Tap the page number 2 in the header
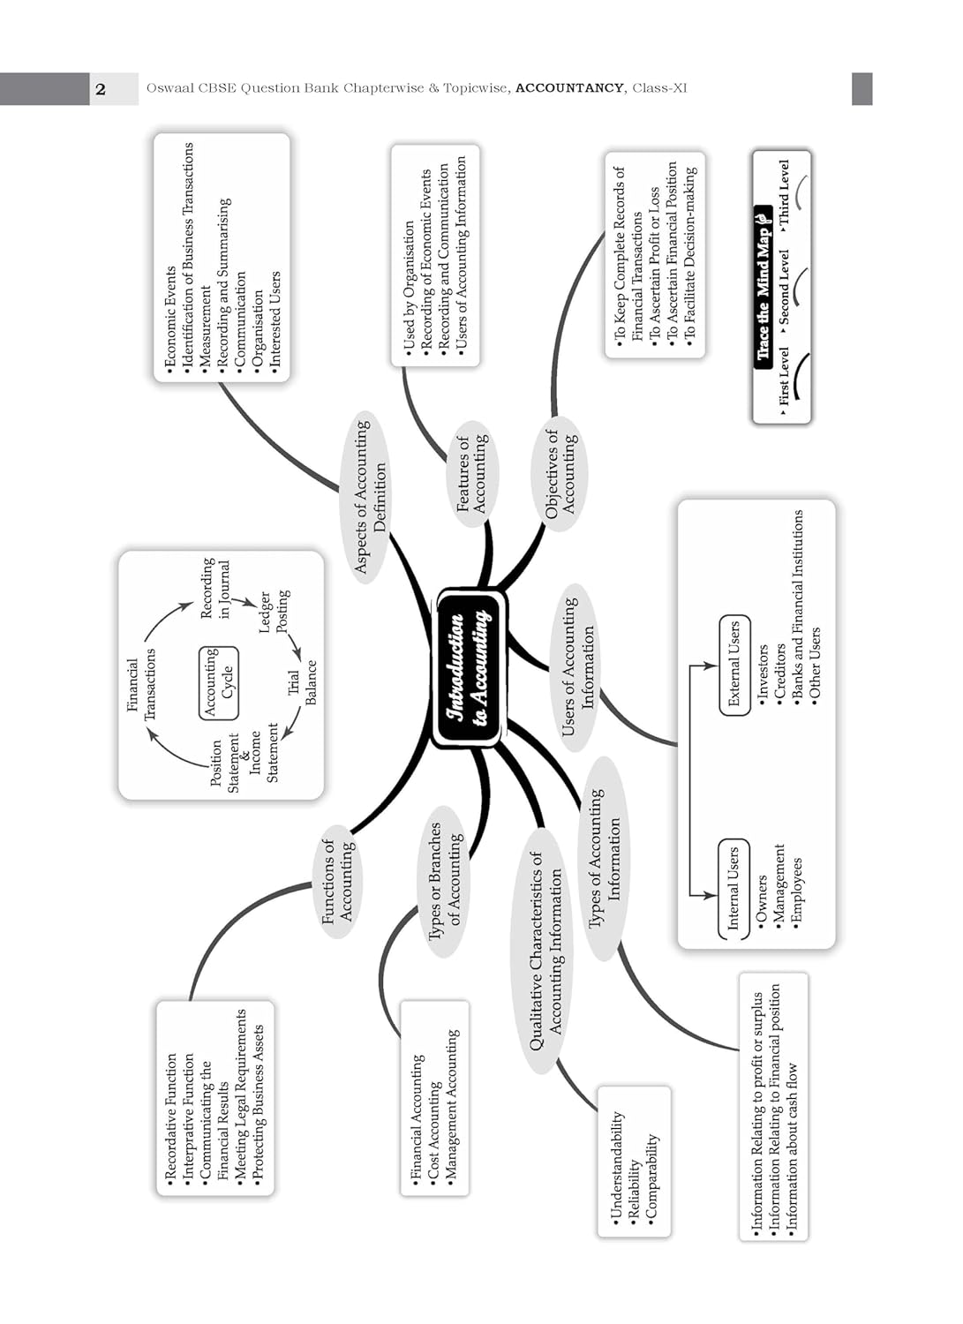coord(101,89)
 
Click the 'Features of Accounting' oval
coord(471,473)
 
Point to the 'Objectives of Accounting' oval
coord(560,473)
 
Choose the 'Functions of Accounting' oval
coord(337,880)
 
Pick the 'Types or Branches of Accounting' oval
coord(444,880)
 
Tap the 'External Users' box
coord(734,665)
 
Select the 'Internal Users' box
coord(733,888)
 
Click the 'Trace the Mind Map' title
coord(764,282)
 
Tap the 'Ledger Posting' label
coord(274,611)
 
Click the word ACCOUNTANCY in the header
coord(569,88)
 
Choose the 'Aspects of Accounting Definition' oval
coord(371,497)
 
